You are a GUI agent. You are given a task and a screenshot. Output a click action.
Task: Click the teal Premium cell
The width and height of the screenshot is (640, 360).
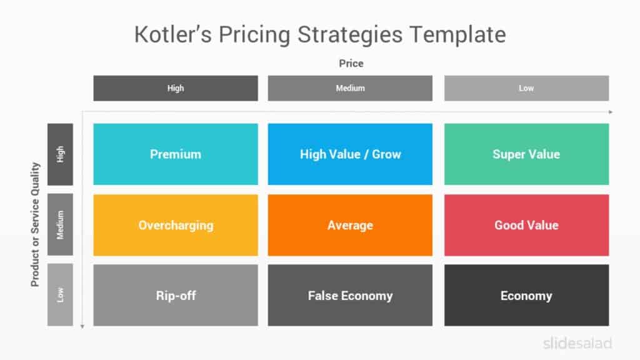pos(175,154)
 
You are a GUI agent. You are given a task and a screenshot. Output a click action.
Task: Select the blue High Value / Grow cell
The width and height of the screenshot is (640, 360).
pos(350,154)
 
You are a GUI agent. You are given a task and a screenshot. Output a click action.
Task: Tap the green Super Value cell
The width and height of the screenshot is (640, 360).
pos(526,154)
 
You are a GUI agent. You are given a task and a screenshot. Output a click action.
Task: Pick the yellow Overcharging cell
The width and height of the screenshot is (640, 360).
pos(175,225)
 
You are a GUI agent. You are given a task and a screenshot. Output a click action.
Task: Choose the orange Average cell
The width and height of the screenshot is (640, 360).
pos(350,225)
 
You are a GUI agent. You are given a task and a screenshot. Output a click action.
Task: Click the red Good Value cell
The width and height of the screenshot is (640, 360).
pos(526,225)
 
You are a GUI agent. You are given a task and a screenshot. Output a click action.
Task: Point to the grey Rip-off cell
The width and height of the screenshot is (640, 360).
pos(175,296)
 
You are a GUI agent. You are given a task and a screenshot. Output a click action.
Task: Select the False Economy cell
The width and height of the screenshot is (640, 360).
pos(350,296)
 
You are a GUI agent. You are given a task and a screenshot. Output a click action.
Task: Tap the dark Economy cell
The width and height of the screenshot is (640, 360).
pos(526,296)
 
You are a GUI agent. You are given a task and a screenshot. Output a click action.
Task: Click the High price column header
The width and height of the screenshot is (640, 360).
pos(175,88)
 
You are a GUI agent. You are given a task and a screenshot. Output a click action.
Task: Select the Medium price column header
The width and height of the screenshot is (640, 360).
pos(350,88)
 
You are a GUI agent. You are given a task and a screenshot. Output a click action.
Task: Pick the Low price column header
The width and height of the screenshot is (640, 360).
pos(526,88)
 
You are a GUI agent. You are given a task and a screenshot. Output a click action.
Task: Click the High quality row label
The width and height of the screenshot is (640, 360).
pos(60,154)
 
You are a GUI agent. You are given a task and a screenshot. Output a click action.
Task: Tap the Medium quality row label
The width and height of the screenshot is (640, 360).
pos(60,224)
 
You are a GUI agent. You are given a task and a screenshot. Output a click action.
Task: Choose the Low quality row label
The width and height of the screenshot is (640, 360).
pos(60,295)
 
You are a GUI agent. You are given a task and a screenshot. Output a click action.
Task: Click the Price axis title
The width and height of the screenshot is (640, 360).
pos(351,63)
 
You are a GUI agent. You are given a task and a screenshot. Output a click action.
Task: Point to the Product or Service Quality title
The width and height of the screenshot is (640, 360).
pos(35,224)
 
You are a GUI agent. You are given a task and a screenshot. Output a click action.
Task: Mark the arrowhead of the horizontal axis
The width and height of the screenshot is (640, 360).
pos(611,112)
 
